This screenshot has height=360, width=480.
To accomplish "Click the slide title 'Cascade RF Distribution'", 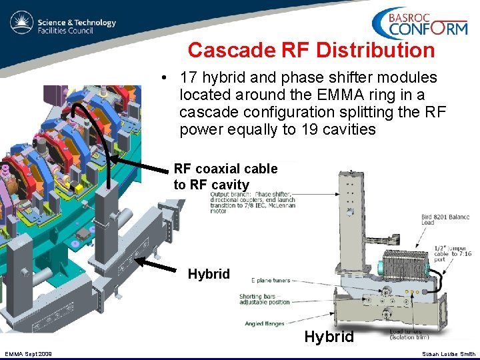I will tap(311, 50).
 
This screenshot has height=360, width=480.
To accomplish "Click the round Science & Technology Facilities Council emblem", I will tap(21, 23).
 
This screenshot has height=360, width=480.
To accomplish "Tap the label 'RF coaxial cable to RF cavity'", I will tap(225, 177).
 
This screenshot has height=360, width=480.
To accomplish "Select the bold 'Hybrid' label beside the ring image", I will tap(209, 274).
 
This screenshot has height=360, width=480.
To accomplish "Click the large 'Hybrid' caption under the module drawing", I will tap(329, 337).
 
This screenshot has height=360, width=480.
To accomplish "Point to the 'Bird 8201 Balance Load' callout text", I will tap(445, 219).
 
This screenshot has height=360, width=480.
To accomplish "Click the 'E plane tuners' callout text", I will tap(271, 281).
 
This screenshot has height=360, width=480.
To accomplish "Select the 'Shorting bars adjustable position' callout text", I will tap(265, 299).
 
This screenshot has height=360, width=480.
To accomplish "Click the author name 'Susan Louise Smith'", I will tap(449, 353).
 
